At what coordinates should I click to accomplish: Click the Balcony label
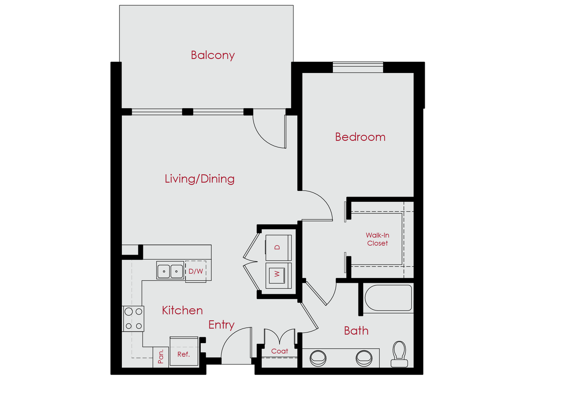coord(212,55)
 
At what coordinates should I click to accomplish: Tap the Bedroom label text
coord(360,137)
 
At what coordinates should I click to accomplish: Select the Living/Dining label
coord(199,179)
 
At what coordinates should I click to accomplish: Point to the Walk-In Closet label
coord(377,240)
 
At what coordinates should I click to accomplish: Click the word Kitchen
coord(182,310)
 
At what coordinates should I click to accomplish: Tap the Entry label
coord(221,325)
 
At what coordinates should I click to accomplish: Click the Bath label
coord(356,331)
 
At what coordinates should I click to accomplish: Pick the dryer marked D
coord(278,247)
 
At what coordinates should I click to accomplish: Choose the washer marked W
coord(278,275)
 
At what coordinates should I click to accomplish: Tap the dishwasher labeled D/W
coord(195,271)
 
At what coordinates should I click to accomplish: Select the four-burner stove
coord(133,319)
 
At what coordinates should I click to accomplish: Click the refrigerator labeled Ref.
coord(183,354)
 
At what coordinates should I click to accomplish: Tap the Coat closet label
coord(279,351)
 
